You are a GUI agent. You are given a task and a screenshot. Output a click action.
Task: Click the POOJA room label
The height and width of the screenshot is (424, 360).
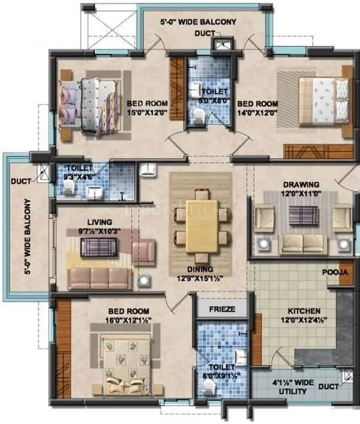pos(335,272)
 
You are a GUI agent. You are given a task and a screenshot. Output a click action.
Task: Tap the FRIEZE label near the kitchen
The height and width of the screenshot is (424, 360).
pos(221,309)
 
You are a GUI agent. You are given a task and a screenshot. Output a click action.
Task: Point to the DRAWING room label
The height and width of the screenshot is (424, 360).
pos(301,184)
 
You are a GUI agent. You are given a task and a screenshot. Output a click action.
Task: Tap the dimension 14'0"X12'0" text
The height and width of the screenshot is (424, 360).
pos(257,112)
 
